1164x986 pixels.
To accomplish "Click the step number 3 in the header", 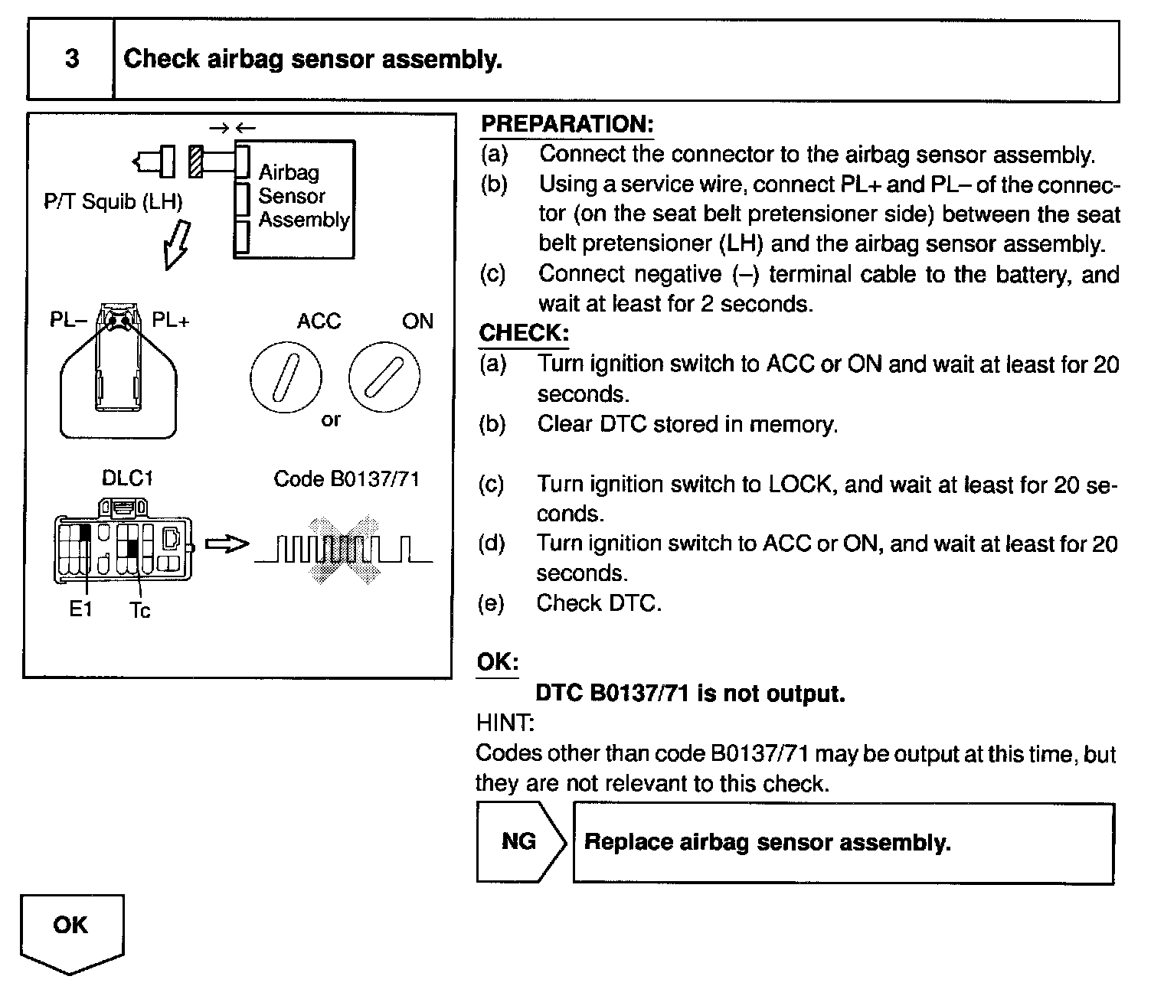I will pos(71,59).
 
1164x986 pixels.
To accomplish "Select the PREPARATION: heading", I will pos(567,125).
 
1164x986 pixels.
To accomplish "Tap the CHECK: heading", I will pos(524,333).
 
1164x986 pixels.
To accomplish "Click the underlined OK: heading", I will pos(497,662).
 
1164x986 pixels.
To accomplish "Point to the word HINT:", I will pos(505,723).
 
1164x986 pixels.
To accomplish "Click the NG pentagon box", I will pos(519,842).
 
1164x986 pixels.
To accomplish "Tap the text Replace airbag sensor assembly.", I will pos(767,843).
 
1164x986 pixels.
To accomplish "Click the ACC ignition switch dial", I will pos(286,377).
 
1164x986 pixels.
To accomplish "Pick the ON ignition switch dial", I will pos(384,377).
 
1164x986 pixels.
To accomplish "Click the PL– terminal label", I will pos(69,320).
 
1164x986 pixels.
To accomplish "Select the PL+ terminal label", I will pos(170,320).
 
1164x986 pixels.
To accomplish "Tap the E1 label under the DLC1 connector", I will pos(80,610).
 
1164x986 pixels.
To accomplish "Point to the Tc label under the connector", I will pos(140,610).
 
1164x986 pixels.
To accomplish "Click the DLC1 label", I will pos(128,478).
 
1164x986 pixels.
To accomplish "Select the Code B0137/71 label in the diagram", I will pos(346,479).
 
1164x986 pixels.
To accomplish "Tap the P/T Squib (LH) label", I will pos(113,202).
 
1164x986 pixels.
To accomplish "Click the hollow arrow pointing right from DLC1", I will pos(227,544).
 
